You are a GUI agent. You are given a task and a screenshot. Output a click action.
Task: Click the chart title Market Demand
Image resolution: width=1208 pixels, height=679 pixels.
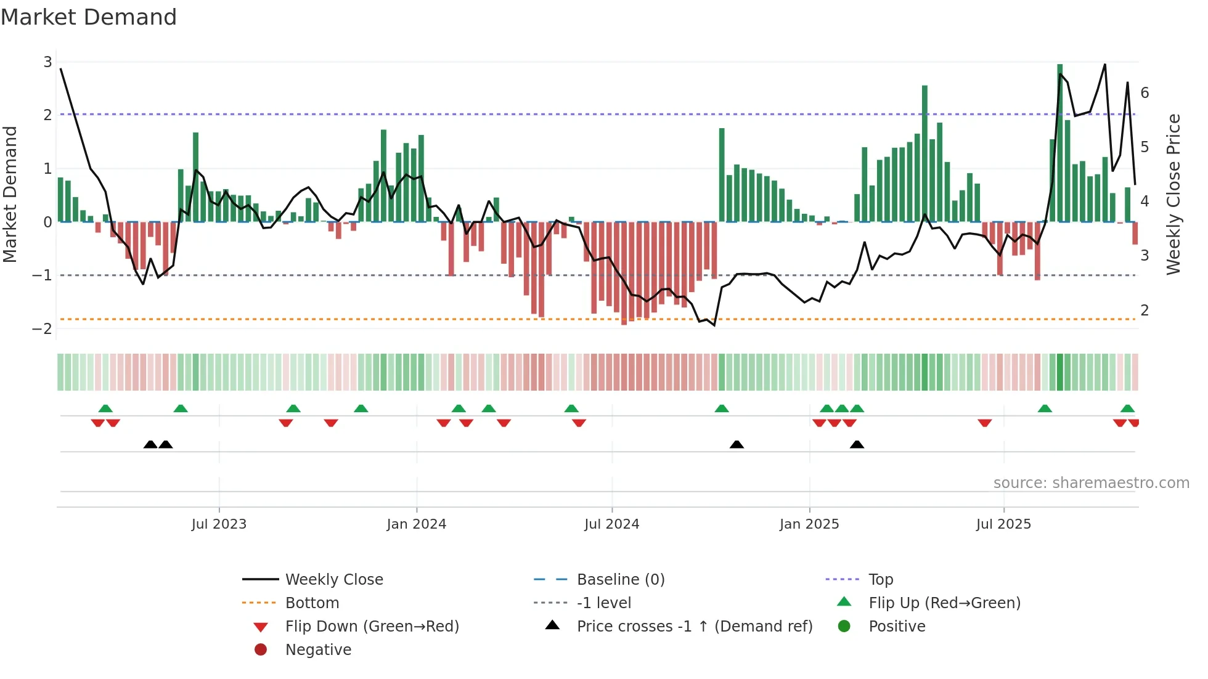[89, 17]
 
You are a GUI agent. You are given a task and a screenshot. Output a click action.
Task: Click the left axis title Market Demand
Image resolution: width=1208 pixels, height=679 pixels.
[10, 194]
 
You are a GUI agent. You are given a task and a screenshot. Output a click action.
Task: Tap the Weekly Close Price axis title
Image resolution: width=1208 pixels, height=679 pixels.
[1173, 194]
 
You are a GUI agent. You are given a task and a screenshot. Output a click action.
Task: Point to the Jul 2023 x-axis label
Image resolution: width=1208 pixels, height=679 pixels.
[219, 524]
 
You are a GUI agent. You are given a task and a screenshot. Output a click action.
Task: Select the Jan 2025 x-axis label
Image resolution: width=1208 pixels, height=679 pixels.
[809, 524]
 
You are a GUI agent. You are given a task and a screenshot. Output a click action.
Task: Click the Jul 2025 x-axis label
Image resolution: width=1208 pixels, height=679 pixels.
[1003, 524]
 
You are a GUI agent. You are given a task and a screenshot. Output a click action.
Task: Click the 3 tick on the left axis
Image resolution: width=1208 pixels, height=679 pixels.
[47, 62]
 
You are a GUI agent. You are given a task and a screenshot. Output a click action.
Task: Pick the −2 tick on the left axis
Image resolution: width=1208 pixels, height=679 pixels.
[43, 328]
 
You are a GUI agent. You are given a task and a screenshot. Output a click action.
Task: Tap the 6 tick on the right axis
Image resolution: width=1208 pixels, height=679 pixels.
[1145, 93]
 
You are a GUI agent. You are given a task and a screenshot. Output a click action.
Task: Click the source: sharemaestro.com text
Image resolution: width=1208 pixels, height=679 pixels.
[1091, 483]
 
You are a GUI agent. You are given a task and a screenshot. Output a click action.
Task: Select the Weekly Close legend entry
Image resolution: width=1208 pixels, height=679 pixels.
[333, 580]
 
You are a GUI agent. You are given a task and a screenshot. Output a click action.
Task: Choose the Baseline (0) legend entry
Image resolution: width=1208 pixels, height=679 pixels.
[620, 580]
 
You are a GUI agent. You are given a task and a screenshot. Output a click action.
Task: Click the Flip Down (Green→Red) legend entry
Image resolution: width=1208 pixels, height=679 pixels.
[372, 627]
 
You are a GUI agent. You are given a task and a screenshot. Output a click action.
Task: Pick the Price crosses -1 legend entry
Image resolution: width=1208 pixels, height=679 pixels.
[694, 627]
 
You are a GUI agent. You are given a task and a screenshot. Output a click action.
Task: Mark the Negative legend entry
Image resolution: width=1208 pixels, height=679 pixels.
[318, 650]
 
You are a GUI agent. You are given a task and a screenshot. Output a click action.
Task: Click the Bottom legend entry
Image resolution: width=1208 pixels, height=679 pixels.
[312, 603]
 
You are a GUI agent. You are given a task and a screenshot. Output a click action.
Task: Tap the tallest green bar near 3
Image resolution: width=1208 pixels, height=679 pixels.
[1059, 142]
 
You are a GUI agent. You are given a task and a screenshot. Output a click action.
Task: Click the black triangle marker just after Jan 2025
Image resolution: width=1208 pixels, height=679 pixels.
[857, 444]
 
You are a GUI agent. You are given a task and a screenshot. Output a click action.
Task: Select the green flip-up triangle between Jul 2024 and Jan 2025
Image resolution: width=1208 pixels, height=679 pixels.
[722, 409]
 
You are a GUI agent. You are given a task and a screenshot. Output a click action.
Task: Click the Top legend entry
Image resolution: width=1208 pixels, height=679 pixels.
[880, 580]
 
